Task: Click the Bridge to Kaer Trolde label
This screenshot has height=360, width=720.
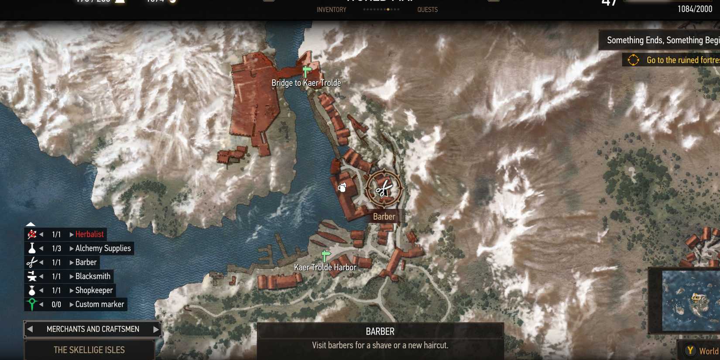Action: click(x=306, y=83)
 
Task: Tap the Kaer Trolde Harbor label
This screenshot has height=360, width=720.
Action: click(x=325, y=267)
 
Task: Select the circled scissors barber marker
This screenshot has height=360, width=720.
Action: click(x=384, y=189)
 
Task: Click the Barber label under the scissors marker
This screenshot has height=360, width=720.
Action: click(x=384, y=217)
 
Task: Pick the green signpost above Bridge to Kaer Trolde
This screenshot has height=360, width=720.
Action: click(x=307, y=70)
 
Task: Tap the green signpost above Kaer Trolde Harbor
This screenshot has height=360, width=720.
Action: click(x=326, y=255)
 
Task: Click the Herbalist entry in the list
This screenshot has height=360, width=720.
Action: click(x=89, y=234)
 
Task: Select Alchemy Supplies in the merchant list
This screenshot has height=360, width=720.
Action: click(x=103, y=248)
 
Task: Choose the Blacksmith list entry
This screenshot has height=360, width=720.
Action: click(x=93, y=276)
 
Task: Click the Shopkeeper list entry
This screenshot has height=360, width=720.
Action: click(x=94, y=290)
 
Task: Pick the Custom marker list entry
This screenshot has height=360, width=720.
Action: click(x=99, y=304)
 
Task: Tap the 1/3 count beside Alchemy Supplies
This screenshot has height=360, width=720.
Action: click(x=56, y=248)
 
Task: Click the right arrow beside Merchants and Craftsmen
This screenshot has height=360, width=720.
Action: click(x=156, y=329)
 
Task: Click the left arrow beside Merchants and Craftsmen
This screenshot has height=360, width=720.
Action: click(x=30, y=329)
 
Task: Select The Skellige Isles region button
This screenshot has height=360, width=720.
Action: click(x=89, y=350)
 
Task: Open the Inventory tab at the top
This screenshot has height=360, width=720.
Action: click(x=331, y=10)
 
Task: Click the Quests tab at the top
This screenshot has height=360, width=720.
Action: click(x=427, y=10)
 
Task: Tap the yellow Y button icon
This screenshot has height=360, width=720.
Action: click(x=690, y=350)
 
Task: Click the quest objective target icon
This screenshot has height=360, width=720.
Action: click(x=633, y=60)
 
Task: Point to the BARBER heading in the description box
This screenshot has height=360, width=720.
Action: click(x=380, y=332)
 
